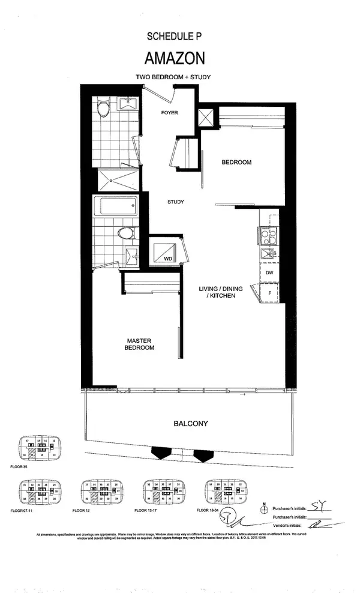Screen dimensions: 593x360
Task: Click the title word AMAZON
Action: click(x=175, y=58)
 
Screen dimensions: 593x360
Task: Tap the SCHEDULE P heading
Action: click(x=175, y=37)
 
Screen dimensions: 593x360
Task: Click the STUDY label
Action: click(x=175, y=202)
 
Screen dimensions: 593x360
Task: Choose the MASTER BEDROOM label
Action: click(x=139, y=343)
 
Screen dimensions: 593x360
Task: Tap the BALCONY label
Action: click(x=191, y=423)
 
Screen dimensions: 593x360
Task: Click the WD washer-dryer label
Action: click(x=168, y=258)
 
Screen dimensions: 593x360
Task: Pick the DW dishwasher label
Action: click(x=270, y=272)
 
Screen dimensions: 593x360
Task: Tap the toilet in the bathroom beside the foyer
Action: click(x=103, y=109)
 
